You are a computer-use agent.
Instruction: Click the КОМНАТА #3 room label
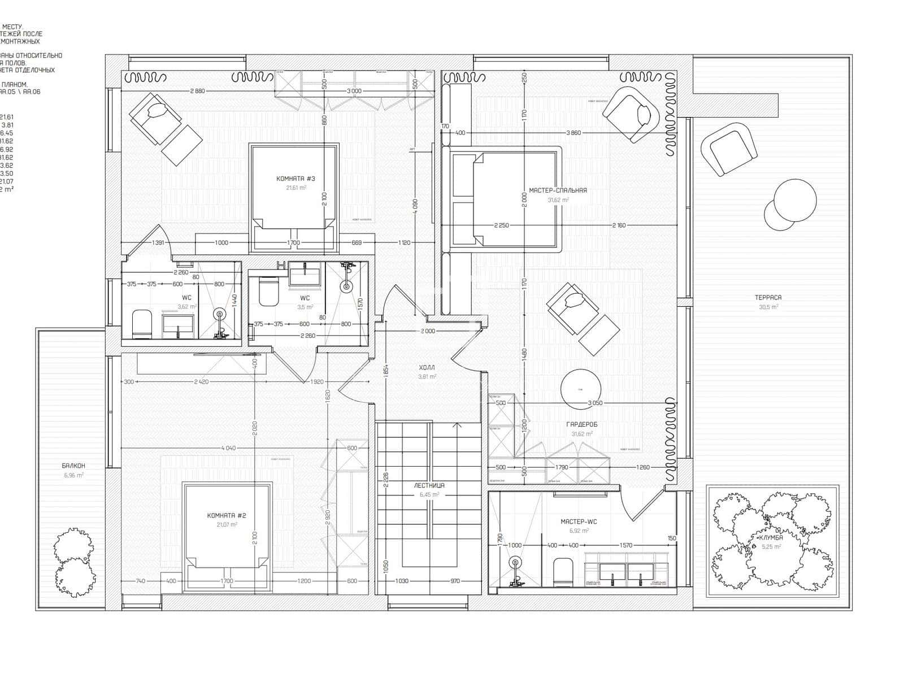click(295, 179)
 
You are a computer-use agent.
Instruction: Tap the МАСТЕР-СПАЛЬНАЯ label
click(558, 190)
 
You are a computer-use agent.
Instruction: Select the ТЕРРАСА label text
click(768, 297)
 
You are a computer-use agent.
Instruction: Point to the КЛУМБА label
click(770, 538)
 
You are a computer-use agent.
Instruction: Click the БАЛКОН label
click(73, 466)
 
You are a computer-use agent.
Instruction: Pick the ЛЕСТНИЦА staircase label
click(429, 485)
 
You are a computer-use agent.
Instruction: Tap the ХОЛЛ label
click(427, 367)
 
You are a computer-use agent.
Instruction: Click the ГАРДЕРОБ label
click(581, 424)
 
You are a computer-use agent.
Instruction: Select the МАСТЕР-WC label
click(579, 521)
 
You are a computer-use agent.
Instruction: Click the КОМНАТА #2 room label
click(227, 515)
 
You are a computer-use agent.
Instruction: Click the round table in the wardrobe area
click(580, 389)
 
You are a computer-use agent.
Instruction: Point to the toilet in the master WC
click(563, 571)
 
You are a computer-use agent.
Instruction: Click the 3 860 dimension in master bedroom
click(573, 133)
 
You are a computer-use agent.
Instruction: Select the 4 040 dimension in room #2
click(228, 448)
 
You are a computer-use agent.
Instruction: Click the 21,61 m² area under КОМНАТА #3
click(295, 188)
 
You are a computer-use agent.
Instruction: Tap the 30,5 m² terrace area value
click(768, 307)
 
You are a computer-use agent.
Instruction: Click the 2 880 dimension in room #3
click(197, 91)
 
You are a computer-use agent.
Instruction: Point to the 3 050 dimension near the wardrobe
click(594, 403)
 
